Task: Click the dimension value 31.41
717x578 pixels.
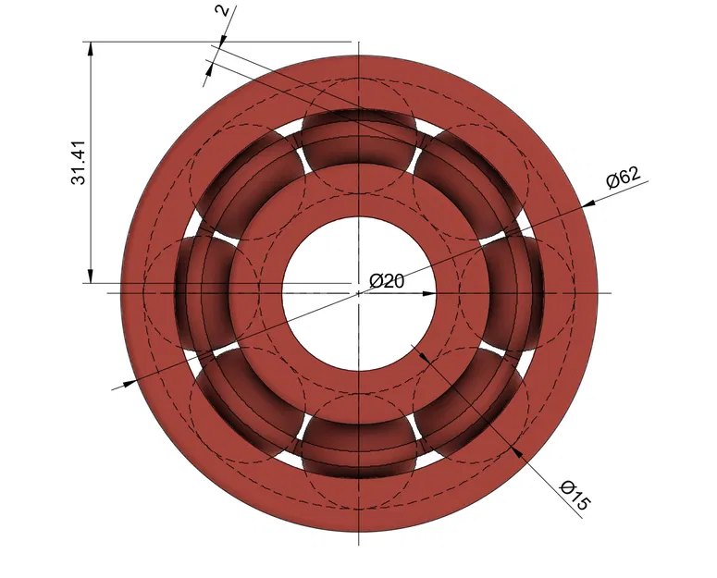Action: [x=79, y=162]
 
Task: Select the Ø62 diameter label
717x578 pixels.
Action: [x=624, y=178]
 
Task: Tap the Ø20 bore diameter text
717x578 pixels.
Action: [x=387, y=281]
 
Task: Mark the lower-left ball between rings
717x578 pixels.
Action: [x=251, y=400]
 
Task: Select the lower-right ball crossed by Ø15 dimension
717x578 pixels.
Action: [x=465, y=400]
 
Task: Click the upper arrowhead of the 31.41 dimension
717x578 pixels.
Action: [x=91, y=48]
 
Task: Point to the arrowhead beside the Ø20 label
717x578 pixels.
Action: [x=427, y=293]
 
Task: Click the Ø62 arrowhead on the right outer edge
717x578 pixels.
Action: [x=588, y=201]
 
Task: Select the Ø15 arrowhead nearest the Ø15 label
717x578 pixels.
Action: [x=518, y=452]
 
